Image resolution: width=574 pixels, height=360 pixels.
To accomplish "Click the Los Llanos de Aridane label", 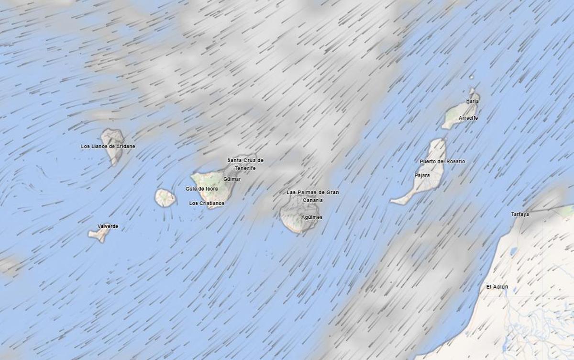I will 108,146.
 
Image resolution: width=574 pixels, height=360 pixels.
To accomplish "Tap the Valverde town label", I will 108,226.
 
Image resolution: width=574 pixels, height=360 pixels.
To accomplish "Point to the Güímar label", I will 232,179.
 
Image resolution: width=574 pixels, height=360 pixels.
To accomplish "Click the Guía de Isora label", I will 202,189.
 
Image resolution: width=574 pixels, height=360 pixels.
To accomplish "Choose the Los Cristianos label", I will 207,203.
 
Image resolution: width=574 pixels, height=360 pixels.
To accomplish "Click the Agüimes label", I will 312,217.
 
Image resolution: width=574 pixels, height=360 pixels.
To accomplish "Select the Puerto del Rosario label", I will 442,162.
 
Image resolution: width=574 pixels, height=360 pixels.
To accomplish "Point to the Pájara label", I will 422,176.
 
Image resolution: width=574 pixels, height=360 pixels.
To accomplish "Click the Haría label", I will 472,101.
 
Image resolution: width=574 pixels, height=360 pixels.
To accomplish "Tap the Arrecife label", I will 468,118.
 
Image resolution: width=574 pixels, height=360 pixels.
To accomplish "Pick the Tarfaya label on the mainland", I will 520,214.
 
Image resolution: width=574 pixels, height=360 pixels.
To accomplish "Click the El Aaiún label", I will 497,287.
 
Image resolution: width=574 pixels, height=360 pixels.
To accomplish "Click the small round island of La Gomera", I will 165,198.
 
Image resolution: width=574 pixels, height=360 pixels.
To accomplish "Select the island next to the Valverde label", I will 99,234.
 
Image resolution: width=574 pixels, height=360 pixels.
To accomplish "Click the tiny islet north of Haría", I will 471,77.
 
